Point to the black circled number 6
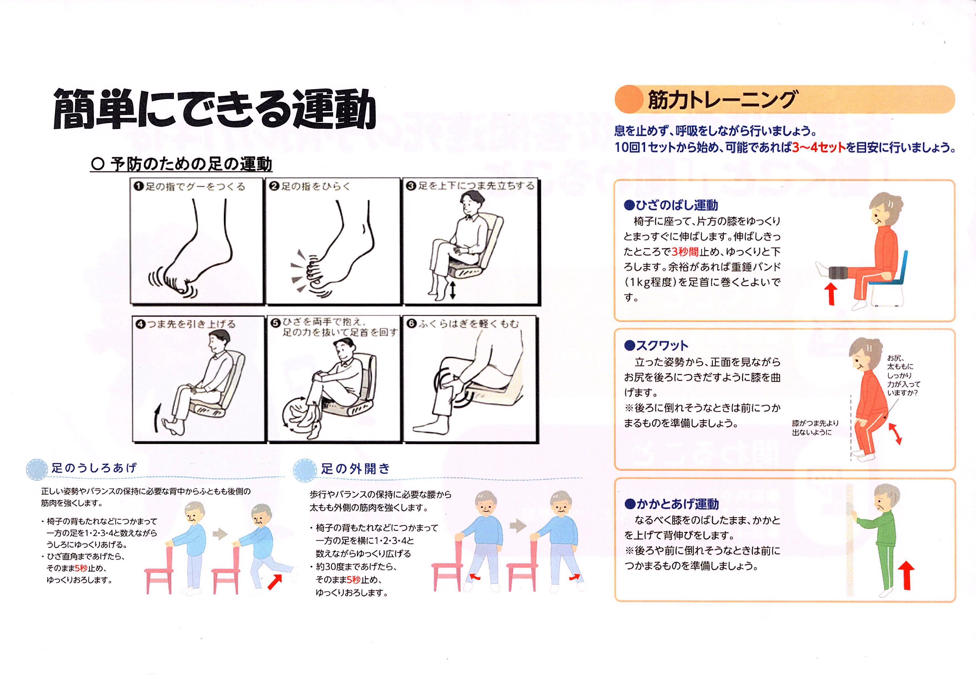point(411,323)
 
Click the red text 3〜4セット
point(819,147)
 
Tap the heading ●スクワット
point(656,345)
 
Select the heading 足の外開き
point(356,469)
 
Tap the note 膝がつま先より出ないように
point(815,428)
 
